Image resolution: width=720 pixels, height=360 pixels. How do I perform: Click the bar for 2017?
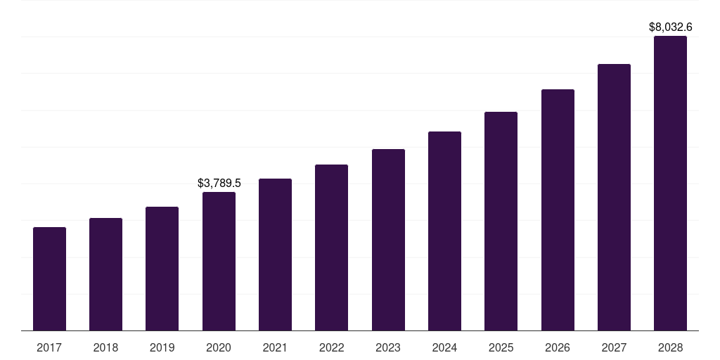(49, 279)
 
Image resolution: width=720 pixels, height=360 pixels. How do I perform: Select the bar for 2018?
(105, 274)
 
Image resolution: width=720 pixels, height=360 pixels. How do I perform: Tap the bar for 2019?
(162, 269)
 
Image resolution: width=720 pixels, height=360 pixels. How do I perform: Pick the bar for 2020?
(219, 262)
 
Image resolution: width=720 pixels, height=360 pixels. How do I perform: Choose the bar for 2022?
(331, 247)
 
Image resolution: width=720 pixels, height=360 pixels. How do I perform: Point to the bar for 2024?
(444, 231)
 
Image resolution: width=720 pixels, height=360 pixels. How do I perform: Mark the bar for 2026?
(558, 210)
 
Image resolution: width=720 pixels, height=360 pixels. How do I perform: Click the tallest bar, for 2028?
(670, 184)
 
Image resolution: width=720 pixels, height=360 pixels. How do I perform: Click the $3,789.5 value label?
(219, 183)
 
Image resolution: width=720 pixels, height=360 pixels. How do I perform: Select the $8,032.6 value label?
(670, 27)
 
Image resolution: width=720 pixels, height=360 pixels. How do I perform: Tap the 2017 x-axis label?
(49, 347)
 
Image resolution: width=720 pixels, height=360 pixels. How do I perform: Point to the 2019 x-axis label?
(162, 347)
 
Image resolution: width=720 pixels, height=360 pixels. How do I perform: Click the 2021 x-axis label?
(275, 347)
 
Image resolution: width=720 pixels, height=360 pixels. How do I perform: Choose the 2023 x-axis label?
(388, 347)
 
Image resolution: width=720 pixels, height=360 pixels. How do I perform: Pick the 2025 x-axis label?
(501, 347)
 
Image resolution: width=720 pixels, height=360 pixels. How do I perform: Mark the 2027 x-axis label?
(614, 347)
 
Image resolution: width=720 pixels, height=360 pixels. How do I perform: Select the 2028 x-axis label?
(670, 347)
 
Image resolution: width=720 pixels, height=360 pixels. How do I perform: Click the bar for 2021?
(275, 255)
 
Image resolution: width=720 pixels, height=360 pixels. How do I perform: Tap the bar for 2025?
(501, 221)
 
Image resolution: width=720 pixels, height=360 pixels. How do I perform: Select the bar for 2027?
(614, 198)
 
